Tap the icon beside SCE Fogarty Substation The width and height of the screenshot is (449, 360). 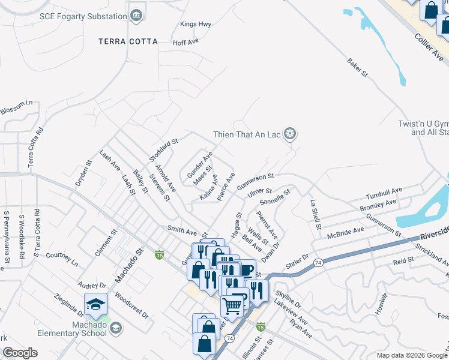click(137, 14)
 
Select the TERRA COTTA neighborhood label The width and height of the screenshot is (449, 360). click(128, 42)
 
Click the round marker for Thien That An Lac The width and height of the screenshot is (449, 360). click(291, 134)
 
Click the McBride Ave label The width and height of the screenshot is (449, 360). click(346, 232)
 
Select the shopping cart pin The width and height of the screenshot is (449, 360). click(232, 306)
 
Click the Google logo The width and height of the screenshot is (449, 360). click(20, 353)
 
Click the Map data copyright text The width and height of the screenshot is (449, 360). click(412, 355)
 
